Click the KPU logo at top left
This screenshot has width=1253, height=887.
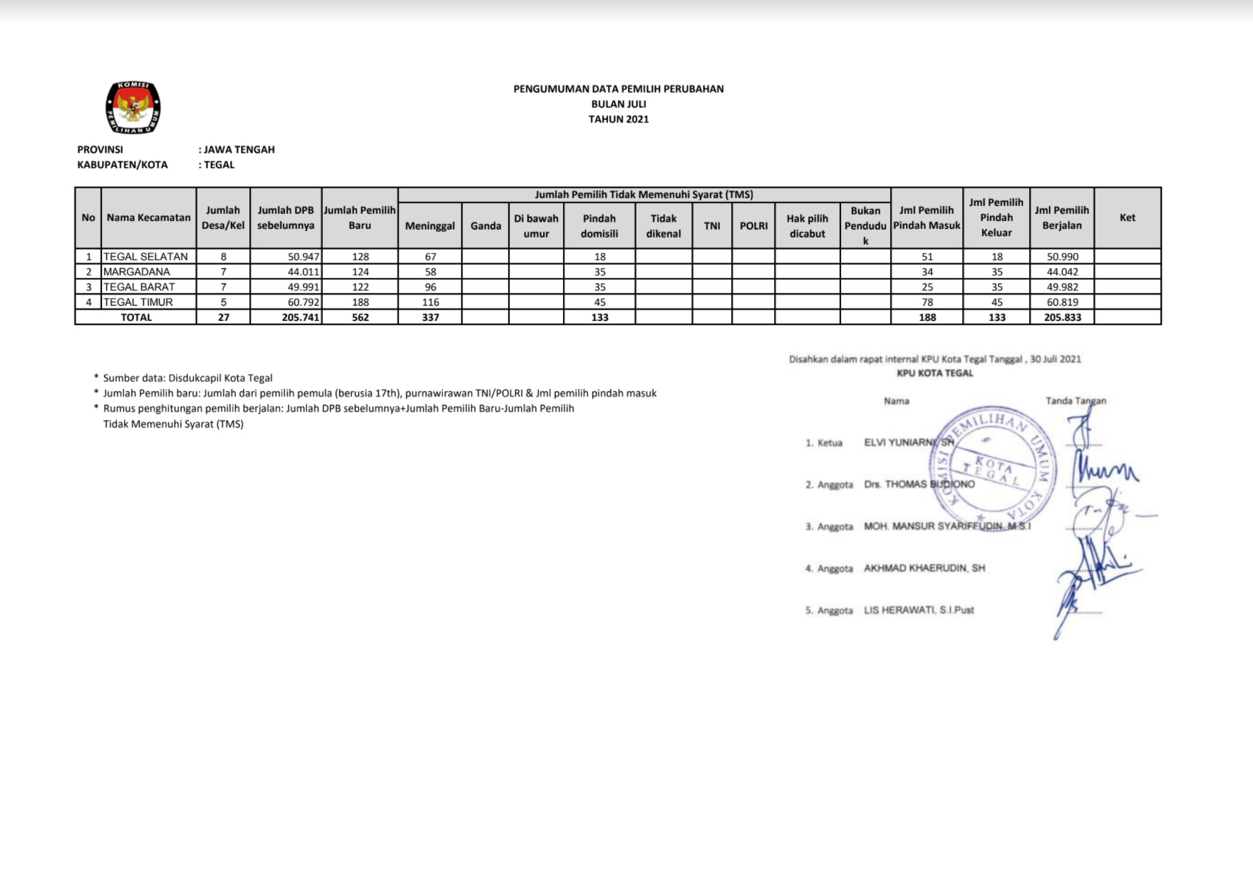[133, 108]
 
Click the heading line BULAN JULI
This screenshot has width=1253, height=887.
[619, 104]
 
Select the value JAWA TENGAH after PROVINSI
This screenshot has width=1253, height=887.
[239, 150]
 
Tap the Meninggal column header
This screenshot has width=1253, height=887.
[430, 226]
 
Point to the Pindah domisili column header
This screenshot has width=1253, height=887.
[599, 226]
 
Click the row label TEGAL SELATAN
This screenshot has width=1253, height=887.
[145, 257]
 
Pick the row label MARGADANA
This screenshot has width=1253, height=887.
[137, 272]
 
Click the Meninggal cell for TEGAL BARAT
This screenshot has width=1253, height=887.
[430, 287]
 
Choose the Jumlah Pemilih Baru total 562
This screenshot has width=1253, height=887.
[361, 317]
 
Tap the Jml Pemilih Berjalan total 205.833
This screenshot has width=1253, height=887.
[1063, 317]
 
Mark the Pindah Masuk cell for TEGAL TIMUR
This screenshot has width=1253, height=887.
[927, 302]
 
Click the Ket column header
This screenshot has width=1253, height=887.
[1128, 218]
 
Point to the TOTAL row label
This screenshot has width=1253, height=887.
[136, 317]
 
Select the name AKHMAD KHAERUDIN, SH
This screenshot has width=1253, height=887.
[924, 568]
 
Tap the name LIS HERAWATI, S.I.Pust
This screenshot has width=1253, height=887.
[919, 610]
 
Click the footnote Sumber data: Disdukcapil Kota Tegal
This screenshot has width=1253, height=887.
[187, 378]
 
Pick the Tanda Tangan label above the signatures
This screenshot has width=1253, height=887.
[1076, 401]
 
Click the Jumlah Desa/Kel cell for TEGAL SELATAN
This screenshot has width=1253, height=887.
[224, 257]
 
